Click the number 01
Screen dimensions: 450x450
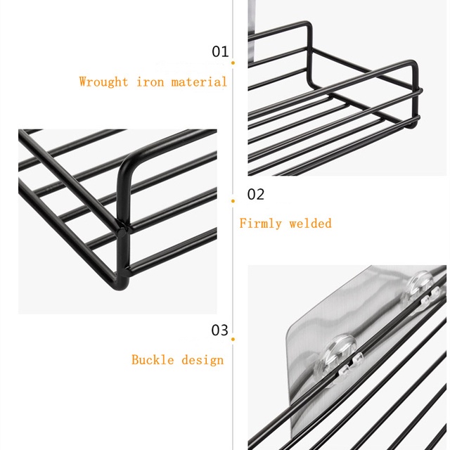[x=220, y=51]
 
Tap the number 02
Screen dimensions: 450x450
[x=255, y=195]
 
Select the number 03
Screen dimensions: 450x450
[x=220, y=330]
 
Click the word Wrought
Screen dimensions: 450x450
[x=104, y=82]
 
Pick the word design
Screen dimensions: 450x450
[x=202, y=359]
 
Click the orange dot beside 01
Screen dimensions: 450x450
[x=233, y=63]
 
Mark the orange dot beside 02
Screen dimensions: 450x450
[x=233, y=200]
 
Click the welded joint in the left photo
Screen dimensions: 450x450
[x=124, y=225]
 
